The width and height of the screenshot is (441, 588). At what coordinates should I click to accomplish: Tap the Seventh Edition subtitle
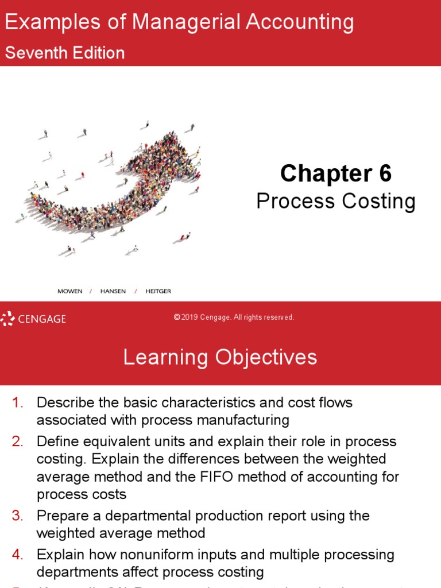point(65,53)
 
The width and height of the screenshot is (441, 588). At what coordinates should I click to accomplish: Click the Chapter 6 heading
point(335,173)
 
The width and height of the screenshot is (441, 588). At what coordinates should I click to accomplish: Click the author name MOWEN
point(70,291)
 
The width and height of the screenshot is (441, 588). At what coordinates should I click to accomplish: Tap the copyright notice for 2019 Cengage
point(234,318)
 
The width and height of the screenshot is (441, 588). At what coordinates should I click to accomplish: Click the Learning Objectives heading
point(220,357)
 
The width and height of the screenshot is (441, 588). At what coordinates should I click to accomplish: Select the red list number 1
point(17,403)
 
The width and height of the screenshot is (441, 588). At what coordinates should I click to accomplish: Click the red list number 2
point(17,442)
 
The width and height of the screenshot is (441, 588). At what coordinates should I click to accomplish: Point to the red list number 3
point(17,516)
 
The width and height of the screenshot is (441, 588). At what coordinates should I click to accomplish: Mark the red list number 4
point(17,555)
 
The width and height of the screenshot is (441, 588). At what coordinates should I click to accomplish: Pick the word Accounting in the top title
point(300,23)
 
